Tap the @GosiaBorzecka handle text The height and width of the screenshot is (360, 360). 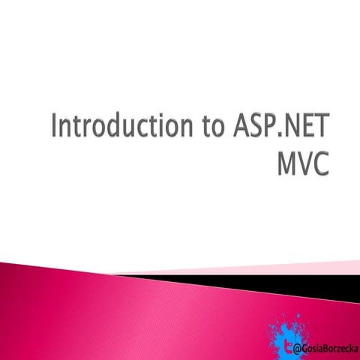(325, 349)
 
